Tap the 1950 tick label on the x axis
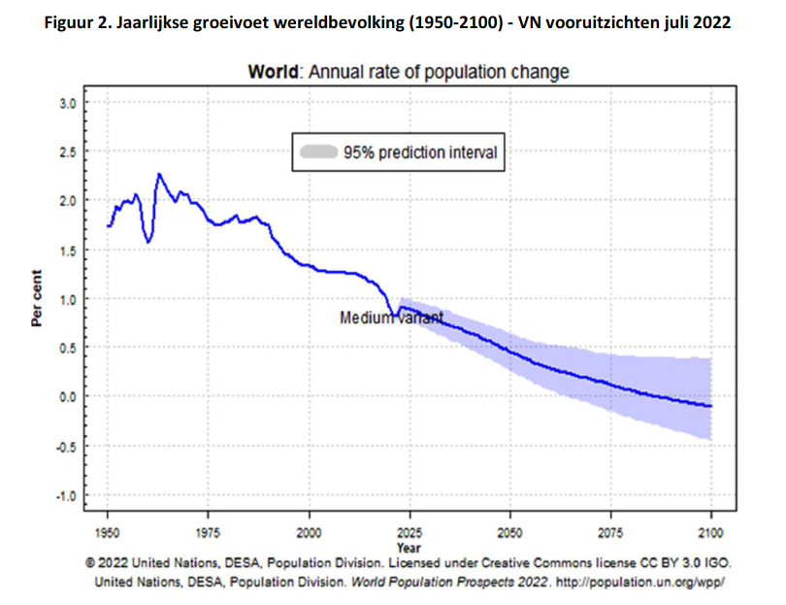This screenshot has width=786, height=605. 108,534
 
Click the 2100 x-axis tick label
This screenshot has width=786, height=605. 711,534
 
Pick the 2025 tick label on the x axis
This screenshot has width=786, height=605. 409,534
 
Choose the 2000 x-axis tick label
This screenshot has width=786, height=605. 309,534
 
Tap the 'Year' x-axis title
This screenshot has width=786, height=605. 409,548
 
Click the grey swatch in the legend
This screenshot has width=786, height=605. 318,151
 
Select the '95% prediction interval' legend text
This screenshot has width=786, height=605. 419,151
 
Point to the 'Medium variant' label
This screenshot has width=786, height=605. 391,318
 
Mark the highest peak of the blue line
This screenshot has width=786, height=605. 158,174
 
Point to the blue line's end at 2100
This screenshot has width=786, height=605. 711,406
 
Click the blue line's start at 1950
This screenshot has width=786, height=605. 108,226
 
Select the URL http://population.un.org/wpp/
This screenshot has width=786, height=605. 636,582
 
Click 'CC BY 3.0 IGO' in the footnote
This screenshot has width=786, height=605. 667,562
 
